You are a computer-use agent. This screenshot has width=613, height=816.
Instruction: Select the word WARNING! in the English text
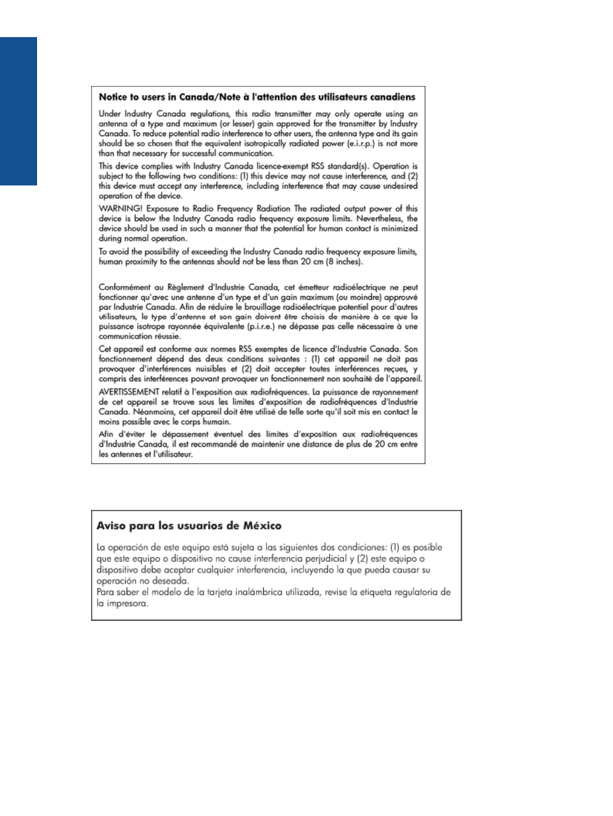[121, 209]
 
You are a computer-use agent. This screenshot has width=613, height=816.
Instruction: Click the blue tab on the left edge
[19, 111]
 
